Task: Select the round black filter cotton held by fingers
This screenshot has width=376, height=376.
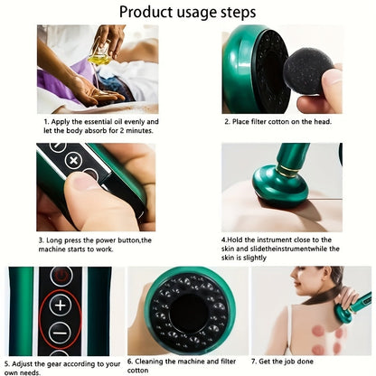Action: point(308,70)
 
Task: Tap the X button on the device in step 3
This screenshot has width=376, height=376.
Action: point(71,160)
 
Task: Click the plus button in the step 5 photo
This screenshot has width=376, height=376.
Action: point(61,305)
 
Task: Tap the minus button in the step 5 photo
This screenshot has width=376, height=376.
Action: point(61,332)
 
